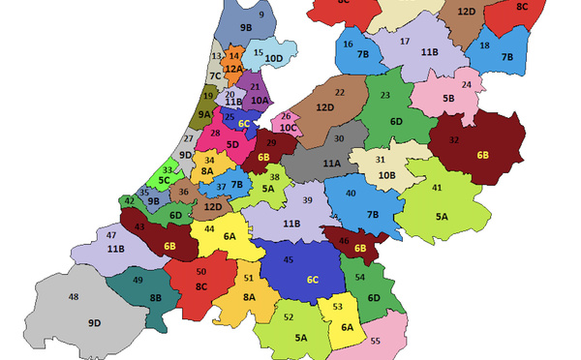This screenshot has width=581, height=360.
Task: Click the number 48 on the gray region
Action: [x=74, y=297]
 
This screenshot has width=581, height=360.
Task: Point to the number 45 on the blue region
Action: [x=288, y=259]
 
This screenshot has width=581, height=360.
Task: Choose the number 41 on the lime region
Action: [x=437, y=188]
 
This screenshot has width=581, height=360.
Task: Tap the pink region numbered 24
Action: [x=455, y=92]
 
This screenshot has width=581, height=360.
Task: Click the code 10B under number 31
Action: [x=386, y=175]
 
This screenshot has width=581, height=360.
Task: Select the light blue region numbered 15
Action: [x=264, y=55]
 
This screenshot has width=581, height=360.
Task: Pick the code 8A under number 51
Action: [x=249, y=297]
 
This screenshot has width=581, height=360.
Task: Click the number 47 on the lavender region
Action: [x=111, y=236]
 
